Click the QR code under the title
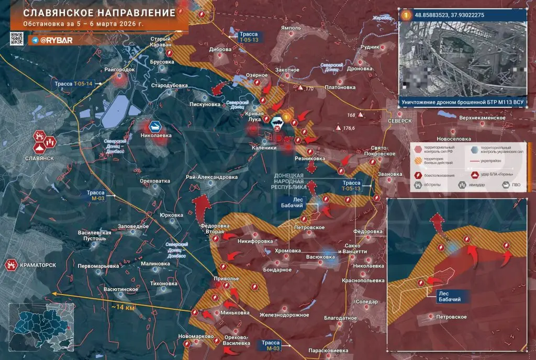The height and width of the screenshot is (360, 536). [17, 39]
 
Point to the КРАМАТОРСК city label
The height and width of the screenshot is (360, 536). [38, 265]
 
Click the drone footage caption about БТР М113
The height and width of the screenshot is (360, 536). [463, 102]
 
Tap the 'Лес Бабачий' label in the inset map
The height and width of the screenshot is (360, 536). [450, 297]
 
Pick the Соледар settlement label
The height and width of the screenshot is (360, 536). [366, 301]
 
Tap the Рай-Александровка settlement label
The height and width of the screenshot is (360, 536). [211, 177]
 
